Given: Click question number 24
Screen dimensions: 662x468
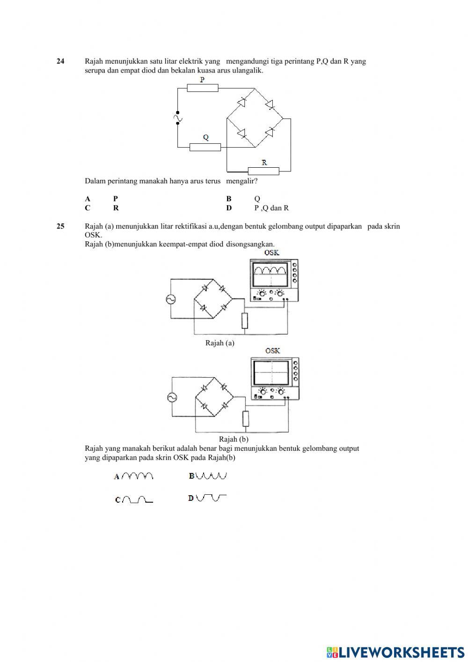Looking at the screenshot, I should tap(60, 61).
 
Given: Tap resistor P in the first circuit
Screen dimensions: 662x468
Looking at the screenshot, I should tap(203, 88).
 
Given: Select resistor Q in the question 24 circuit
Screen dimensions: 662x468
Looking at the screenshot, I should tap(205, 147).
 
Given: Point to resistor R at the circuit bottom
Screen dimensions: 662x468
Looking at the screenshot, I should tap(263, 171).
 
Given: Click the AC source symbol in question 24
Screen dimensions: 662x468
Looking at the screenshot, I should tap(177, 118).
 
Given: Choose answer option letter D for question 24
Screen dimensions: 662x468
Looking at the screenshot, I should tap(229, 208).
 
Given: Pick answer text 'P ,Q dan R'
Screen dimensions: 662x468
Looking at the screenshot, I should tap(271, 208).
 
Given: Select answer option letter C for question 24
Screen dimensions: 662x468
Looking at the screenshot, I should tap(88, 208).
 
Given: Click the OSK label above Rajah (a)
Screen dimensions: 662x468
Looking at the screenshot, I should tap(271, 253).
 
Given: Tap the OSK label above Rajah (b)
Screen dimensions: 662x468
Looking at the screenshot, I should tap(273, 351).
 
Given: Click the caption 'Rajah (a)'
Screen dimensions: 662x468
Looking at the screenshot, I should tap(219, 343).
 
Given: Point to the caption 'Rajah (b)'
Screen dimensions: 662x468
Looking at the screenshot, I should tap(234, 439).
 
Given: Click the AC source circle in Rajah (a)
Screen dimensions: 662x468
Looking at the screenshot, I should tap(171, 299).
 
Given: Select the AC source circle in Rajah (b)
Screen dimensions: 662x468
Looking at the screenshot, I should tap(172, 398).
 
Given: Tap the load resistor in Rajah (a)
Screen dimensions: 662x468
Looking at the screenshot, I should tap(245, 320).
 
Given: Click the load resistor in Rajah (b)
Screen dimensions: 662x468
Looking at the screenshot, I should tap(246, 418).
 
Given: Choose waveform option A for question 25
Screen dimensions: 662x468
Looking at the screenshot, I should tap(134, 476).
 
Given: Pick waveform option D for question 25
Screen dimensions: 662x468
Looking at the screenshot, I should tap(207, 498).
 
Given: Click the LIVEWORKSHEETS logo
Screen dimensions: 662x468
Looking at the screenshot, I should tap(395, 652).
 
